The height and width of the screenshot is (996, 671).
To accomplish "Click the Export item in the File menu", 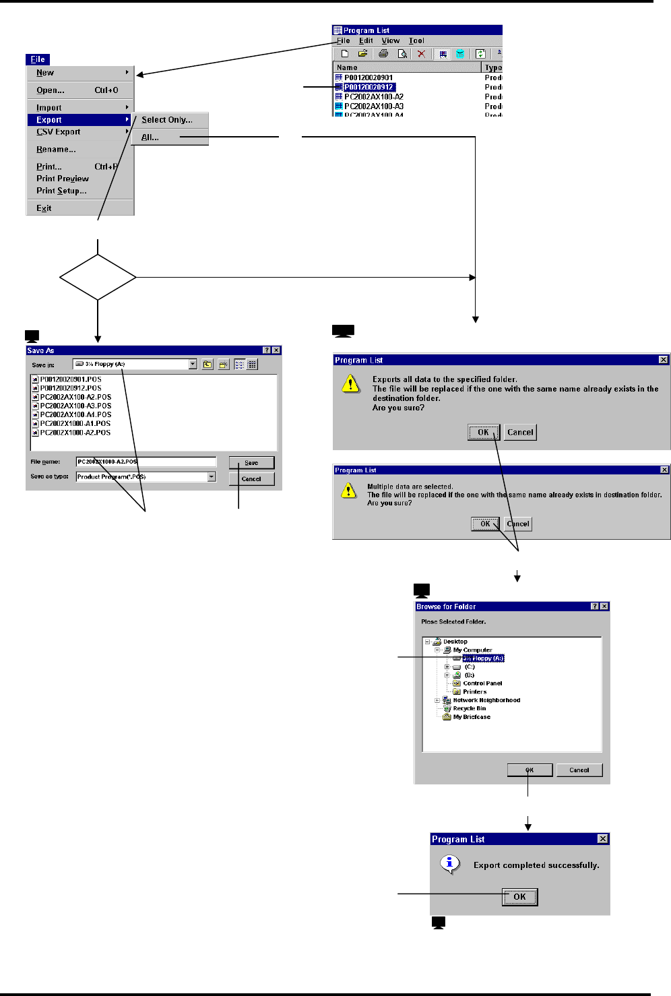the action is (x=49, y=120).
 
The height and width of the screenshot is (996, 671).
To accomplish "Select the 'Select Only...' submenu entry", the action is (x=166, y=120).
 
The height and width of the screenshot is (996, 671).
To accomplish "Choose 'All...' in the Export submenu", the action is (x=150, y=137).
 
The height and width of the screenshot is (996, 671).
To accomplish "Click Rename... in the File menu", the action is (x=56, y=150).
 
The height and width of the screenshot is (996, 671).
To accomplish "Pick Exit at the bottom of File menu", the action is (x=44, y=208).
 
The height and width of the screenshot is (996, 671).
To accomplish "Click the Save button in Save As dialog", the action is (x=251, y=463).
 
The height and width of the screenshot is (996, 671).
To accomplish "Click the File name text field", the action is (x=146, y=462).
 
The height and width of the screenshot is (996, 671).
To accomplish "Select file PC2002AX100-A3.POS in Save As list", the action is (x=75, y=406).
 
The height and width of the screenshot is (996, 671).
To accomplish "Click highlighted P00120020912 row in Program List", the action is (x=369, y=87).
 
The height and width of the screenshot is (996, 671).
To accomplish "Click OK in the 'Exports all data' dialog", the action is (x=483, y=433).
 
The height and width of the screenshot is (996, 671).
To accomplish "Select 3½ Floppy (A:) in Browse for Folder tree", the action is (x=483, y=658).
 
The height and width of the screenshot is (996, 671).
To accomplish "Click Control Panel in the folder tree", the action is (x=482, y=683).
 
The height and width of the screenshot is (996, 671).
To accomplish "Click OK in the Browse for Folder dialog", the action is (x=530, y=770).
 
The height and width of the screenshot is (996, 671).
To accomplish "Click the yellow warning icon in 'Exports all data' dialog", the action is (x=350, y=384).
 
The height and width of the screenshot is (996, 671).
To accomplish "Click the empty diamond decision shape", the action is (x=98, y=277).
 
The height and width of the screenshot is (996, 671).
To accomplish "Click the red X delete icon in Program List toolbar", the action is (x=421, y=54).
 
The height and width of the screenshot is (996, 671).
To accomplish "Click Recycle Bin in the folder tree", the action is (x=469, y=708).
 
